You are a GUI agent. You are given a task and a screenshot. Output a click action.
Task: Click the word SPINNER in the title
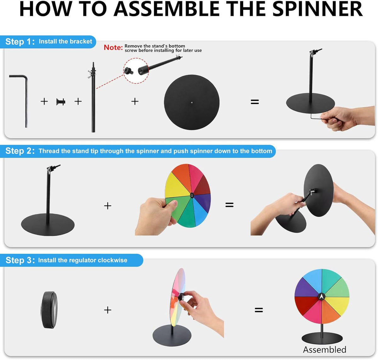pos(317,9)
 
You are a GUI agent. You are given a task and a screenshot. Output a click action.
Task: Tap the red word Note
pos(113,47)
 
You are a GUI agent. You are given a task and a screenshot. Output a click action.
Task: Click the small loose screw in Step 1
pos(61,102)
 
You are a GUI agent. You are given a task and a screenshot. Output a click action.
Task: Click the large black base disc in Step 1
pos(192,102)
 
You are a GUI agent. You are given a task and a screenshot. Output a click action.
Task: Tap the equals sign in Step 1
pos(255,102)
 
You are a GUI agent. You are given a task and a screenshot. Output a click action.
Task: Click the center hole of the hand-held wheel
pos(192,195)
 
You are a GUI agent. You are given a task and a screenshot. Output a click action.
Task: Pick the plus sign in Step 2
pos(108,206)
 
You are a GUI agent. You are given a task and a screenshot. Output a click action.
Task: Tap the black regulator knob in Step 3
pos(49,310)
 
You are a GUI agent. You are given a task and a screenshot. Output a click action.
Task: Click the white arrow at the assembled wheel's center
pos(321,297)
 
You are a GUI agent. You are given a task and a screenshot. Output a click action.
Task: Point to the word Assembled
pos(324,350)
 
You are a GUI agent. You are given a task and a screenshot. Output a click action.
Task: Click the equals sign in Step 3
pos(259,310)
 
